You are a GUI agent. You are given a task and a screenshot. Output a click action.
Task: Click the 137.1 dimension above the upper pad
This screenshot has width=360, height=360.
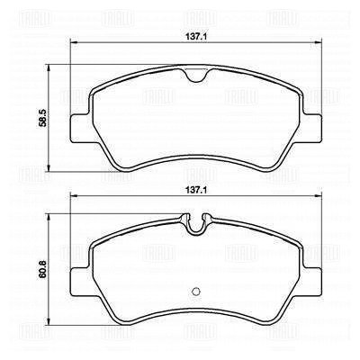(x=196, y=37)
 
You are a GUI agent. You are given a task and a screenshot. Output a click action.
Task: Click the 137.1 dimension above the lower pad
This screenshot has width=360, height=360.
(x=196, y=190)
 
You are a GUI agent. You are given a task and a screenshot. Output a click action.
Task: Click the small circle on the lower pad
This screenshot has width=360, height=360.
(x=195, y=292)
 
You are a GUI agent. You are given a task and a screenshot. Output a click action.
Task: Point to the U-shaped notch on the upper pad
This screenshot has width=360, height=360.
(x=195, y=76)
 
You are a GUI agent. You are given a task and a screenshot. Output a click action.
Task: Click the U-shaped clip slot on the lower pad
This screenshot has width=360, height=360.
(x=195, y=224)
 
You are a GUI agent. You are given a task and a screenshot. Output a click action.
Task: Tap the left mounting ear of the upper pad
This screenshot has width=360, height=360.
(x=79, y=129)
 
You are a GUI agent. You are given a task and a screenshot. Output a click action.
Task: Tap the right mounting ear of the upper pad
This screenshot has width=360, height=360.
(x=312, y=129)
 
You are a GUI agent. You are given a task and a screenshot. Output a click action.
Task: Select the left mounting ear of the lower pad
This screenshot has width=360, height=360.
(x=79, y=281)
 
